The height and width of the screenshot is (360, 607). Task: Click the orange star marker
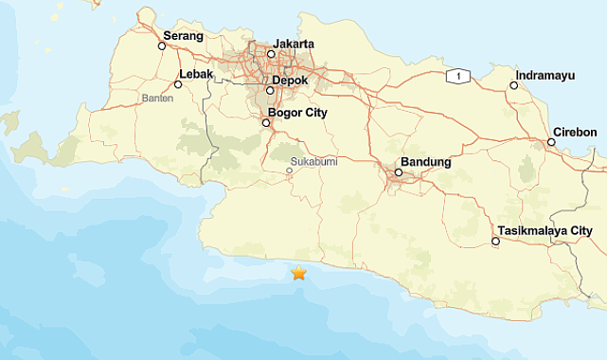[299, 273]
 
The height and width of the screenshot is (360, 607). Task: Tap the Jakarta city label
[294, 44]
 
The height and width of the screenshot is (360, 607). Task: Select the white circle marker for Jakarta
[271, 54]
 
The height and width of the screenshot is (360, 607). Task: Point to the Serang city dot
[162, 45]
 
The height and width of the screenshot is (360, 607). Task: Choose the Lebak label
[195, 74]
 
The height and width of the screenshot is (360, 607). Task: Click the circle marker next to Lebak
[178, 84]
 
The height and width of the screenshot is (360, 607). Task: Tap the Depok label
[291, 81]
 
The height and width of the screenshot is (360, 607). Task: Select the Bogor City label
[298, 113]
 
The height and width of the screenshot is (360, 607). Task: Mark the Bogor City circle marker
[266, 122]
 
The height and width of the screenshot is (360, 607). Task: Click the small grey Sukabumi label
[313, 161]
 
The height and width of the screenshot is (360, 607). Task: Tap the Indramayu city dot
[514, 85]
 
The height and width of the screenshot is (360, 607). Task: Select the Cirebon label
[575, 132]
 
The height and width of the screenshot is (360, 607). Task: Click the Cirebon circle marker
[551, 142]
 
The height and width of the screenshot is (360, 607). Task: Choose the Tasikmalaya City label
[545, 230]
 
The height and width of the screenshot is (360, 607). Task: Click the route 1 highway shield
[458, 76]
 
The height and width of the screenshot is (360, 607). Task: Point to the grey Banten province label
[157, 98]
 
